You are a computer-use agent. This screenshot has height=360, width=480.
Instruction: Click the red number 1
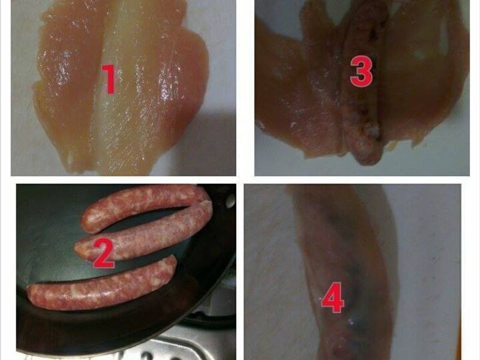point(109,79)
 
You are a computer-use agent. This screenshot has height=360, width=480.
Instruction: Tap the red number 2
point(104,253)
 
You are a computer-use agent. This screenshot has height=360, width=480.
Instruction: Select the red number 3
point(361,71)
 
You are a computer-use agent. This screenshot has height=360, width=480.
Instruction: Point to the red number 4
point(333,297)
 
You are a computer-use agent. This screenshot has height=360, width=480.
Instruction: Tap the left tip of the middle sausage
point(77,248)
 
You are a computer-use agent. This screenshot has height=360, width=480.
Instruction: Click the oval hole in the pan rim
point(230,200)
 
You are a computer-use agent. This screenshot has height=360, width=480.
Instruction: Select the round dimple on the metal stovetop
point(148,356)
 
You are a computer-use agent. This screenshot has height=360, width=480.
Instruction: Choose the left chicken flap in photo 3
point(294,92)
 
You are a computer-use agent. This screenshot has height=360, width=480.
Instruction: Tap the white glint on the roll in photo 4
point(352,322)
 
